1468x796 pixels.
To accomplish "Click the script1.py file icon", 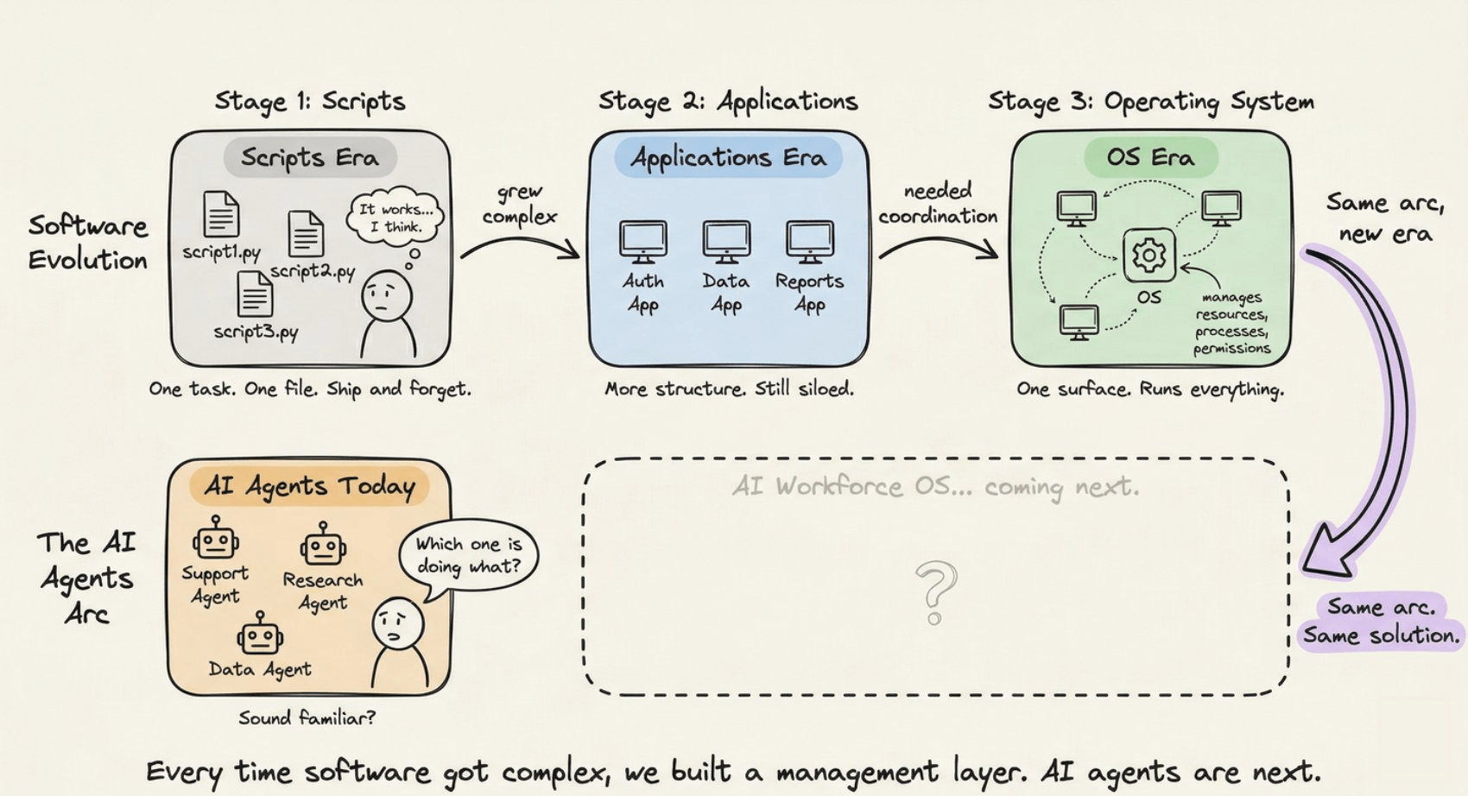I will [x=221, y=214].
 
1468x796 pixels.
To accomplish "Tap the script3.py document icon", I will [x=255, y=294].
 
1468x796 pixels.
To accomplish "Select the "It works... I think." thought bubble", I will [x=395, y=217].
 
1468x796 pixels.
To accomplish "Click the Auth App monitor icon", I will [x=643, y=241].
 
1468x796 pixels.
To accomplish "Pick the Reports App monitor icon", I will [x=809, y=241].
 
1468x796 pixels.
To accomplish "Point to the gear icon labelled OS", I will [x=1148, y=256].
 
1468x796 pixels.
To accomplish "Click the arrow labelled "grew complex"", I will [x=521, y=244].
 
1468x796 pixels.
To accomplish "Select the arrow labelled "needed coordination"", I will [x=939, y=246].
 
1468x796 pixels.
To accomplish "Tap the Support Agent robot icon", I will [x=215, y=540].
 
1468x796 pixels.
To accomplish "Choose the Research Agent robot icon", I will [x=323, y=546].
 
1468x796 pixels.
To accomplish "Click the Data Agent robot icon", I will [x=259, y=636].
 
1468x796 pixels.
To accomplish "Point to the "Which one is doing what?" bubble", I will [x=468, y=555].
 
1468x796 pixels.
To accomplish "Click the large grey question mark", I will [x=935, y=591].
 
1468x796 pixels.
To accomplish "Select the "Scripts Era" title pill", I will [x=310, y=157].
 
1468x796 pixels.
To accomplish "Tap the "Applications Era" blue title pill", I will [x=728, y=157].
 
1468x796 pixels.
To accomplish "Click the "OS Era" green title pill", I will [x=1150, y=157].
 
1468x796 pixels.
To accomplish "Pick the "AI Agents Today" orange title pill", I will [x=309, y=486].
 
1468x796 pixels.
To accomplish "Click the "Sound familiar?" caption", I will [x=307, y=717].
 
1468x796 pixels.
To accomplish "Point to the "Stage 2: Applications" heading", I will [x=728, y=102].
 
